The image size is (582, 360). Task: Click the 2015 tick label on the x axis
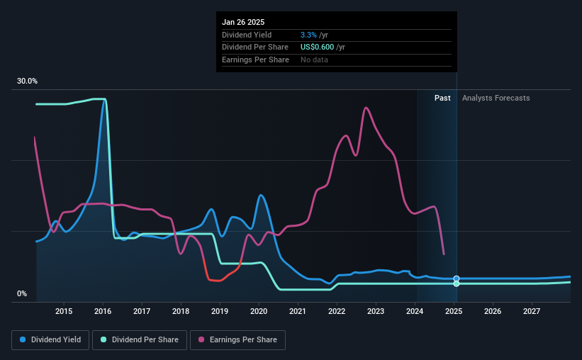click(64, 311)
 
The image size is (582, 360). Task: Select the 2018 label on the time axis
click(181, 311)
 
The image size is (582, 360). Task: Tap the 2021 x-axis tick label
click(298, 311)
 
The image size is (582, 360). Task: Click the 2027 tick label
click(532, 311)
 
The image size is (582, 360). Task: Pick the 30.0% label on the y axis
click(27, 81)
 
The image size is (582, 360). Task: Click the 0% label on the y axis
click(22, 293)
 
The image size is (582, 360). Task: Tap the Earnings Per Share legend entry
click(238, 340)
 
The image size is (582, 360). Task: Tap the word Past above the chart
click(443, 98)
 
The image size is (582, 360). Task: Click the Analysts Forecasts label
click(496, 98)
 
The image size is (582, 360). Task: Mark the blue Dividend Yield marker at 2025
click(457, 279)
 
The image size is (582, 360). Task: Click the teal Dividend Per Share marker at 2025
click(457, 283)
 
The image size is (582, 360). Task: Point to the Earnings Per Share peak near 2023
click(365, 108)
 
